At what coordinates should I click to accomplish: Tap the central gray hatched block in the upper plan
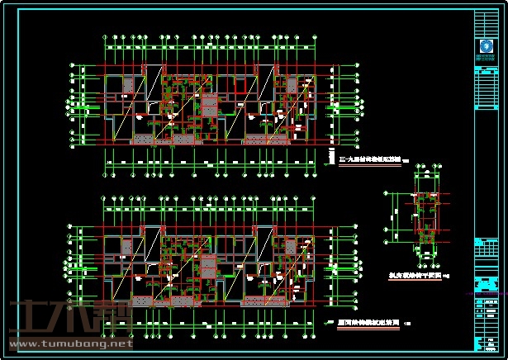pyautogui.click(x=209, y=107)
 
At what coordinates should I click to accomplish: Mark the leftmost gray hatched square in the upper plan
pyautogui.click(x=128, y=85)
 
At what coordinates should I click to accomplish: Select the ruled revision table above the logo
pyautogui.click(x=485, y=22)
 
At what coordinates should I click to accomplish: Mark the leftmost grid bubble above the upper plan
pyautogui.click(x=104, y=37)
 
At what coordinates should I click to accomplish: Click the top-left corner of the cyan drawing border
pyautogui.click(x=3, y=5)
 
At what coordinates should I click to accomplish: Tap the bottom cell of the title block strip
pyautogui.click(x=485, y=350)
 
